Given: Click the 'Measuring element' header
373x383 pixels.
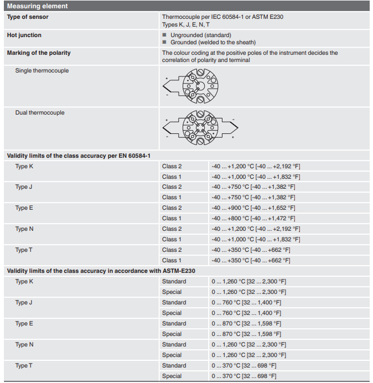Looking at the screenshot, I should coord(38,6).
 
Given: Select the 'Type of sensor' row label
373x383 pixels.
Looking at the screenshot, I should coord(27,17).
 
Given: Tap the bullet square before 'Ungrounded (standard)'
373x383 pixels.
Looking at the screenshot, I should coord(164,35).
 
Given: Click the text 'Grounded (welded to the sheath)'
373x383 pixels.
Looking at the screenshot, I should coord(213,42).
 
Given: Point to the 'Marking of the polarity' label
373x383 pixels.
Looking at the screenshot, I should coord(39,53).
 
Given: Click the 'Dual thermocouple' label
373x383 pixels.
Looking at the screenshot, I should coord(40,113).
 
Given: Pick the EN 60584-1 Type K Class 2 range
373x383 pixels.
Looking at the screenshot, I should coord(256,166).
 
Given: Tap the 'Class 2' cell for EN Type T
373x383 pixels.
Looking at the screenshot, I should coord(172,250).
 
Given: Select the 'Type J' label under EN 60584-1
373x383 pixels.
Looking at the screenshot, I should coord(24,187).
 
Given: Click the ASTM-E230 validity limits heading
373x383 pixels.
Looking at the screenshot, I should coord(101,271).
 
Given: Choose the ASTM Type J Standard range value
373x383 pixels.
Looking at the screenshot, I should coord(246,303).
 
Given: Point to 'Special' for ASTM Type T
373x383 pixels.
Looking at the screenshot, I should coord(172,376).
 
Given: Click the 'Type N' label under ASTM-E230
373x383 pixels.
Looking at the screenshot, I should coord(24,345).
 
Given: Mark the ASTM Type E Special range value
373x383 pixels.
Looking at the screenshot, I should coord(246,334).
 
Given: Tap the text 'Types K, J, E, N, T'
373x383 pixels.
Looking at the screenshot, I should coord(185,25).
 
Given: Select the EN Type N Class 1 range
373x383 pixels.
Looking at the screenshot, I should coord(256,240).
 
